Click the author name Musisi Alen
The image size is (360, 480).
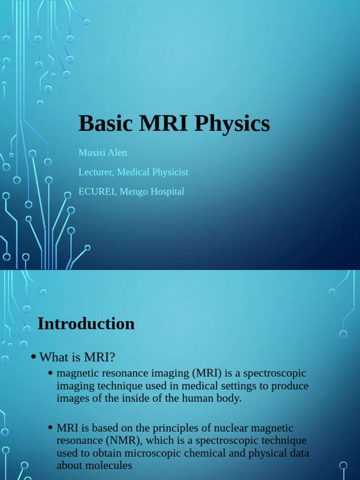pyautogui.click(x=103, y=153)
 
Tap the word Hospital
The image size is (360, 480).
pyautogui.click(x=166, y=191)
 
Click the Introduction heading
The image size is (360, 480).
pyautogui.click(x=86, y=323)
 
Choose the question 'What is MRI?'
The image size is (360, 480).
pyautogui.click(x=77, y=357)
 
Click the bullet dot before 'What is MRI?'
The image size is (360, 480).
pyautogui.click(x=33, y=357)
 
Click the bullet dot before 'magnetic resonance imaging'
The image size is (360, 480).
pyautogui.click(x=50, y=374)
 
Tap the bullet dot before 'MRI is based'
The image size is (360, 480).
pyautogui.click(x=50, y=428)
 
